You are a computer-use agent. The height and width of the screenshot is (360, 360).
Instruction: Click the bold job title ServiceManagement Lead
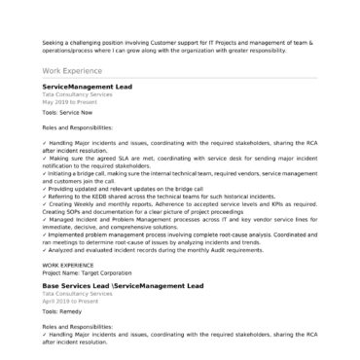tap(88, 87)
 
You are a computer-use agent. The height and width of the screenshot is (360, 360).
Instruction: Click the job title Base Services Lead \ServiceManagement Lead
tap(123, 287)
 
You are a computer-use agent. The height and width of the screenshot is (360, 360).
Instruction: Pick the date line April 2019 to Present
tap(69, 302)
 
